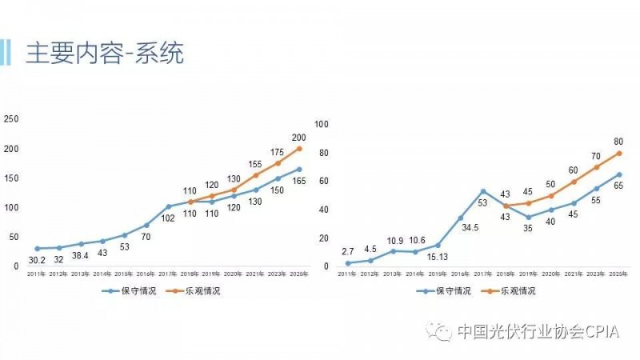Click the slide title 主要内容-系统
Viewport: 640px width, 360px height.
(x=105, y=54)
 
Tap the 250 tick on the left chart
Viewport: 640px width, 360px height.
(x=11, y=119)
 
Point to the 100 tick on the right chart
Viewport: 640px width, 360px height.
(x=322, y=124)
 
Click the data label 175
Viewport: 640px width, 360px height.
(x=276, y=152)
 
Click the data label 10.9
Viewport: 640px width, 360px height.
(x=393, y=241)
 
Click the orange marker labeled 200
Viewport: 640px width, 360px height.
(x=298, y=148)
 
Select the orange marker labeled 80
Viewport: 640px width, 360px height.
(x=619, y=153)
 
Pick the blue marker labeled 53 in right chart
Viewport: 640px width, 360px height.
(x=483, y=191)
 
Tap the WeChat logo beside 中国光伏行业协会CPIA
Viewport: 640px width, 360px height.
(x=438, y=330)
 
